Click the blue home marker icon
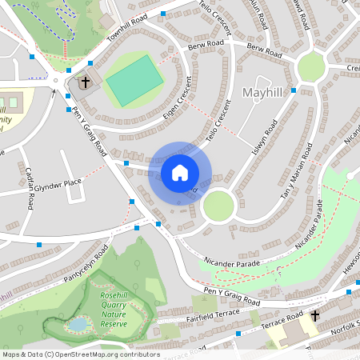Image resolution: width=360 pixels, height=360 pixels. coord(180,173)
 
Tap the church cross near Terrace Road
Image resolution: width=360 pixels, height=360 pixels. coord(315,316)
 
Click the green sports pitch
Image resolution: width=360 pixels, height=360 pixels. coord(134,78)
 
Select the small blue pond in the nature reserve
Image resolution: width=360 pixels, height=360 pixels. coord(78,325)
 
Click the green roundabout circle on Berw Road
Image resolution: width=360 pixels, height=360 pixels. coord(310,67)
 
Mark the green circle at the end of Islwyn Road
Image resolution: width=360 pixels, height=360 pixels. coord(218,206)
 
